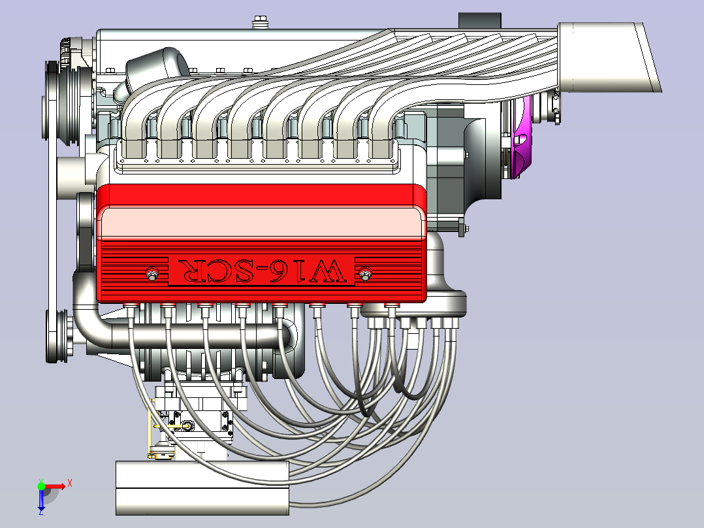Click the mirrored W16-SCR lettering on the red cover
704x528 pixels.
click(262, 271)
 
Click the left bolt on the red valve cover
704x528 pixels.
click(152, 274)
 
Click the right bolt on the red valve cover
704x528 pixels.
click(365, 274)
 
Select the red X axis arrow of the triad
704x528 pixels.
click(56, 486)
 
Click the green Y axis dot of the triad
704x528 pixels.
click(41, 486)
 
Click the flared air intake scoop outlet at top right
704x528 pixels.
click(611, 58)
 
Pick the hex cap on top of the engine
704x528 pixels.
click(259, 22)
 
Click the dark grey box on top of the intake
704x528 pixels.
click(479, 21)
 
